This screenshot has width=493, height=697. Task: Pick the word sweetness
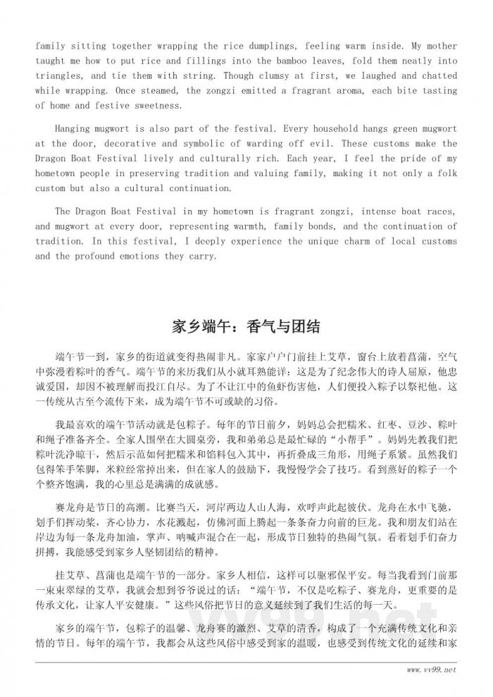click(x=158, y=105)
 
